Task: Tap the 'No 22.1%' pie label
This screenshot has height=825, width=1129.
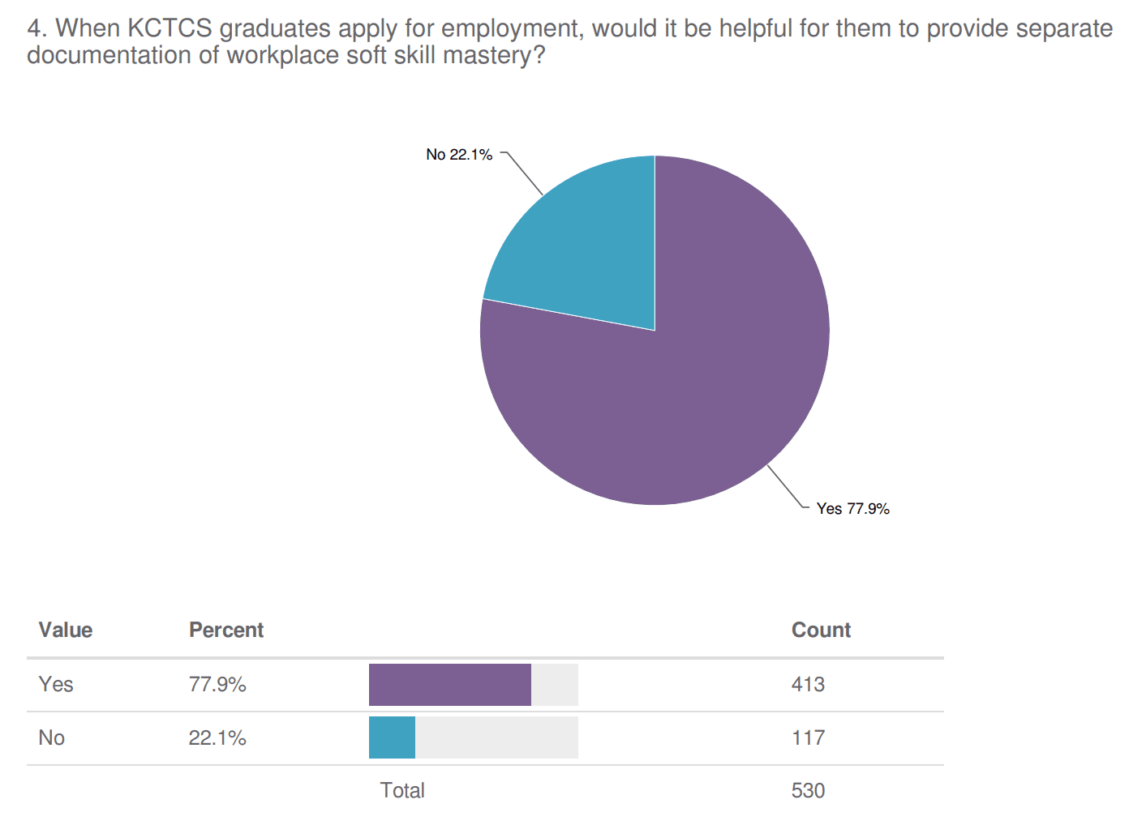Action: coord(459,155)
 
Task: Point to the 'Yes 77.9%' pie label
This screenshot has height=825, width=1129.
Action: coord(852,509)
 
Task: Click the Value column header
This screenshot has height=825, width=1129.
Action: coord(66,631)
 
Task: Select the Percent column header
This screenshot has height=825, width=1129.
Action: coord(226,631)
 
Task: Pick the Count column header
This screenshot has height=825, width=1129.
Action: coord(821,631)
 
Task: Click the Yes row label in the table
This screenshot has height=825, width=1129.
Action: coord(56,685)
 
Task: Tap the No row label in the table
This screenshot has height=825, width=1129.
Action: coord(52,738)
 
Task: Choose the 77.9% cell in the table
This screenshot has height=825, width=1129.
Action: coord(217,685)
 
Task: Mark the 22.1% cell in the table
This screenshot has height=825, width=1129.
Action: coord(217,738)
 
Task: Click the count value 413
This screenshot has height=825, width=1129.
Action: coord(808,685)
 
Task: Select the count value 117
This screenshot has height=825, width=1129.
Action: coord(808,738)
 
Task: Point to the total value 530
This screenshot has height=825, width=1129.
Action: coord(808,791)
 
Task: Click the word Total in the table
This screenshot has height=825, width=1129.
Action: coord(402,791)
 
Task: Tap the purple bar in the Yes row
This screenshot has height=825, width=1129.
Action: coord(449,685)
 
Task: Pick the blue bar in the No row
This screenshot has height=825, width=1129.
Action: coord(392,738)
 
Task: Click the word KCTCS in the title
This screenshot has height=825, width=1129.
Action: coord(170,28)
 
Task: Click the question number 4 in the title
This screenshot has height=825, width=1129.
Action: coord(34,28)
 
